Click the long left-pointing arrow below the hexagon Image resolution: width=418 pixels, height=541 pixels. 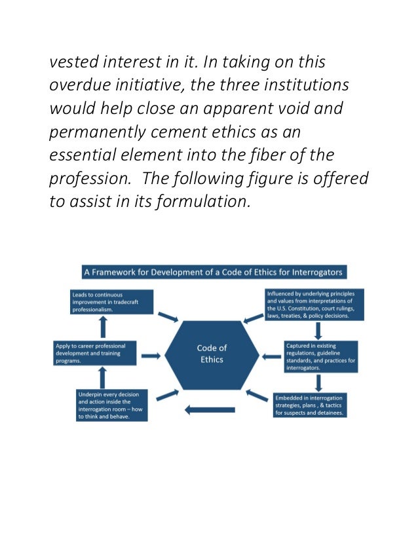coord(210,410)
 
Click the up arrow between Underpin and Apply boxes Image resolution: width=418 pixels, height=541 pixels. coord(102,379)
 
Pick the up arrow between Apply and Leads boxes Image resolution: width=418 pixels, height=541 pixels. coord(102,327)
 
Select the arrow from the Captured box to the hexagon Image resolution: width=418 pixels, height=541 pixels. coord(271,356)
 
